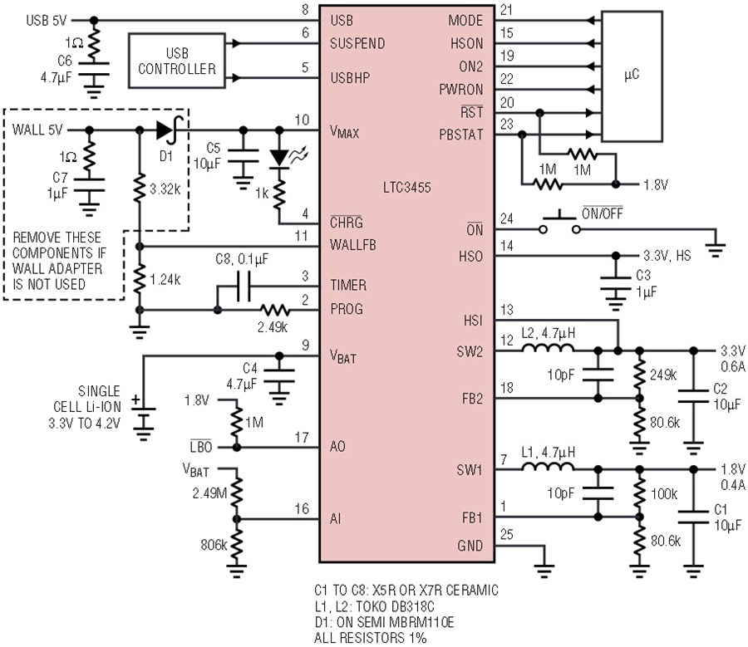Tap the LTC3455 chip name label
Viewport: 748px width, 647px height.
407,188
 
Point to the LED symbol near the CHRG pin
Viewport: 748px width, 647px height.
280,158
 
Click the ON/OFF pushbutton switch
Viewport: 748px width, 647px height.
559,223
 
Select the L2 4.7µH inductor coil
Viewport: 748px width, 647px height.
548,348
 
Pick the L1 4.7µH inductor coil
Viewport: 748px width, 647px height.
548,466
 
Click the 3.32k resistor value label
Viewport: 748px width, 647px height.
165,189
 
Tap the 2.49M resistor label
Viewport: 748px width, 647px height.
209,493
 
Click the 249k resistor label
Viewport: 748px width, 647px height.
663,375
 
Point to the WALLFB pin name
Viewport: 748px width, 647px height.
353,245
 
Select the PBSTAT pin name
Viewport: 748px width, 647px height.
460,135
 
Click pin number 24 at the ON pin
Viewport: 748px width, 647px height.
507,218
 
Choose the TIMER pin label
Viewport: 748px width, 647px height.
348,285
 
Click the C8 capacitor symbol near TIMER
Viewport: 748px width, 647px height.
244,287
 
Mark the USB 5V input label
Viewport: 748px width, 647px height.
47,21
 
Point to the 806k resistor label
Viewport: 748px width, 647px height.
214,545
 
